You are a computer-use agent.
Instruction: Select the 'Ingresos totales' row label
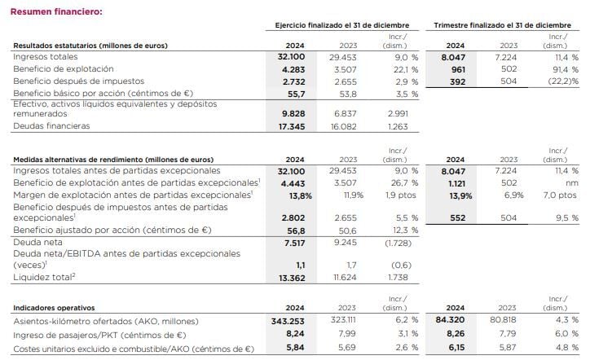tap(46, 57)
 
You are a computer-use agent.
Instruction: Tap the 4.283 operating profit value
tap(293, 69)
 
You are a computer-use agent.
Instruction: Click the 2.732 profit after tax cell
tap(293, 81)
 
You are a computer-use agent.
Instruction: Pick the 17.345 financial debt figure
tap(291, 126)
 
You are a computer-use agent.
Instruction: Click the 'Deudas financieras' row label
tap(51, 126)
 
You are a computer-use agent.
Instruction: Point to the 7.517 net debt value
tap(293, 243)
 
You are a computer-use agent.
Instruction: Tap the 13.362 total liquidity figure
tap(291, 277)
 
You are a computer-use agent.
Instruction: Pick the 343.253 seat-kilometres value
tap(287, 322)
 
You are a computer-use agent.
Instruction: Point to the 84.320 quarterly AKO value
tap(456, 322)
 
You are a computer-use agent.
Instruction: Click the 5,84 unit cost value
tap(293, 347)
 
